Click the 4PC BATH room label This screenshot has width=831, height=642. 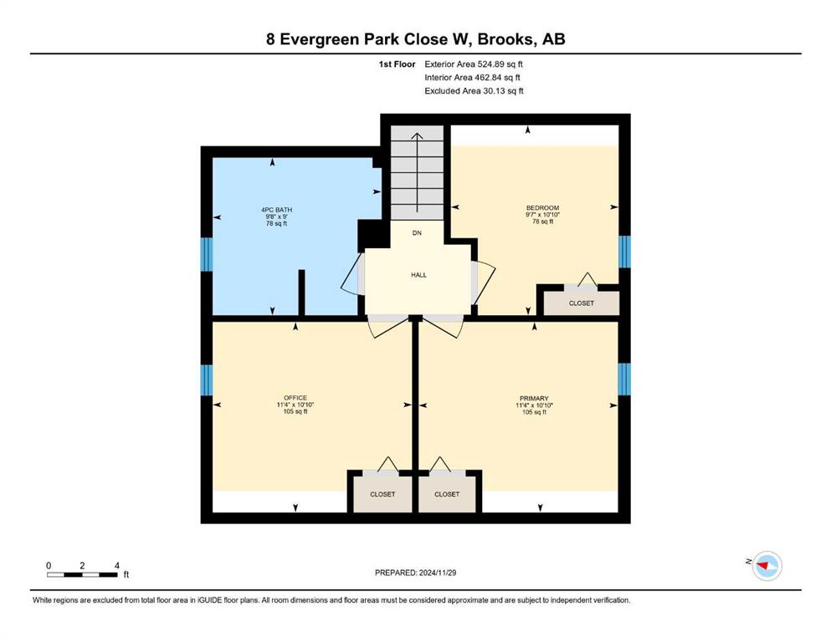point(277,210)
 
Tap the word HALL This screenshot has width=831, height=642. point(418,275)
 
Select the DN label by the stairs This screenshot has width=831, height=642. point(417,233)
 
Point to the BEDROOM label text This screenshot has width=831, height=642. point(542,208)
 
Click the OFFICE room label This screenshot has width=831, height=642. point(295,398)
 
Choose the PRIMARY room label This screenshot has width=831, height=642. point(534,399)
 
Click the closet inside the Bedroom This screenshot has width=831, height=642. point(582,303)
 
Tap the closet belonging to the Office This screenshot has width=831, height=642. point(382,494)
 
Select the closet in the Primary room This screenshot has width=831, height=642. point(447,494)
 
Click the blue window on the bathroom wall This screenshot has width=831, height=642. point(207,255)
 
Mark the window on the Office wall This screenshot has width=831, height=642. point(207,380)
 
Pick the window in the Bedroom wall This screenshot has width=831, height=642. point(625,252)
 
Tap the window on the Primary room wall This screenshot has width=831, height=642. point(625,379)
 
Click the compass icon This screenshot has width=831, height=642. point(767,566)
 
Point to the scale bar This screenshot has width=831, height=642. point(82,575)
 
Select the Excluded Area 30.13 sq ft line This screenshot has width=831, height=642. point(474,91)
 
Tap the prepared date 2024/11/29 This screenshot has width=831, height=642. point(438,573)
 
